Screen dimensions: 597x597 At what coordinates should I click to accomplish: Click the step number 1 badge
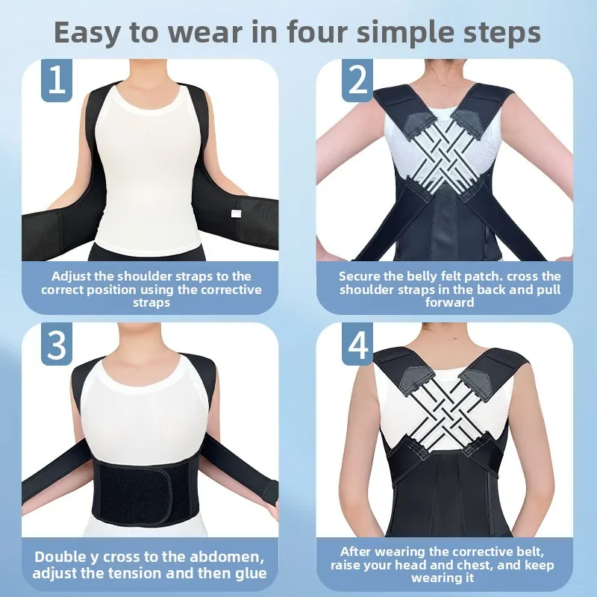(57, 81)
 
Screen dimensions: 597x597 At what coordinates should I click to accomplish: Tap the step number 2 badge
(357, 81)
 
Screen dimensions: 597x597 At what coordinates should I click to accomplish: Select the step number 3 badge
(57, 344)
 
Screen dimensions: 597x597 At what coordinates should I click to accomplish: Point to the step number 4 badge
(357, 344)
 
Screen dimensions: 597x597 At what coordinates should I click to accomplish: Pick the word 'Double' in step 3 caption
(60, 557)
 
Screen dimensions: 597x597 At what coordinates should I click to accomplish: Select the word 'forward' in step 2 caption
(450, 302)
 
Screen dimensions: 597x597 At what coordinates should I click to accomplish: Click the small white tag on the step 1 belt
(237, 213)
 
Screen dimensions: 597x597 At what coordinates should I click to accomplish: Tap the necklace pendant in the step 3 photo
(133, 369)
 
